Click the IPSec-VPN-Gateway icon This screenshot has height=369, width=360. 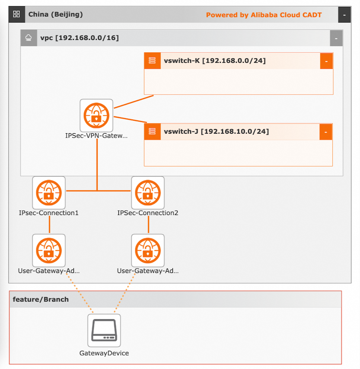[96, 116]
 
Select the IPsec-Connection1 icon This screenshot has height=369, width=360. [49, 193]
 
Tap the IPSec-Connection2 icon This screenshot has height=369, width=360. [148, 193]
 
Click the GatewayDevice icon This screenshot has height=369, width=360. [104, 330]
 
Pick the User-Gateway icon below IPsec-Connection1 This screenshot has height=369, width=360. [49, 250]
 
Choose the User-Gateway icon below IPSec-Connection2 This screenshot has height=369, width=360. [148, 250]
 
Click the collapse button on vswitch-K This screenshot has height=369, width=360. [326, 61]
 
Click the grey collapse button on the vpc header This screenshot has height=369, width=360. [336, 38]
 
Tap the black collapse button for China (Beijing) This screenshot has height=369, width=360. [344, 15]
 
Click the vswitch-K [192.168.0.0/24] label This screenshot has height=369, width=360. [215, 61]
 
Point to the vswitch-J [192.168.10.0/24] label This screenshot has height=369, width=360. [216, 131]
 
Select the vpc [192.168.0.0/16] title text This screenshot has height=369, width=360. [80, 38]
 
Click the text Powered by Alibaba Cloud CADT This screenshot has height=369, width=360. [264, 15]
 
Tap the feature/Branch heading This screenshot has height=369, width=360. [41, 299]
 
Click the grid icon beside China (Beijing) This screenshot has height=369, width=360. [17, 14]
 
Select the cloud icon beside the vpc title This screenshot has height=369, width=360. [29, 38]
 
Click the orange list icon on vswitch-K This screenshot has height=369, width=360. [152, 61]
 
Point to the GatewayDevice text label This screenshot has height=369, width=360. [104, 353]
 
